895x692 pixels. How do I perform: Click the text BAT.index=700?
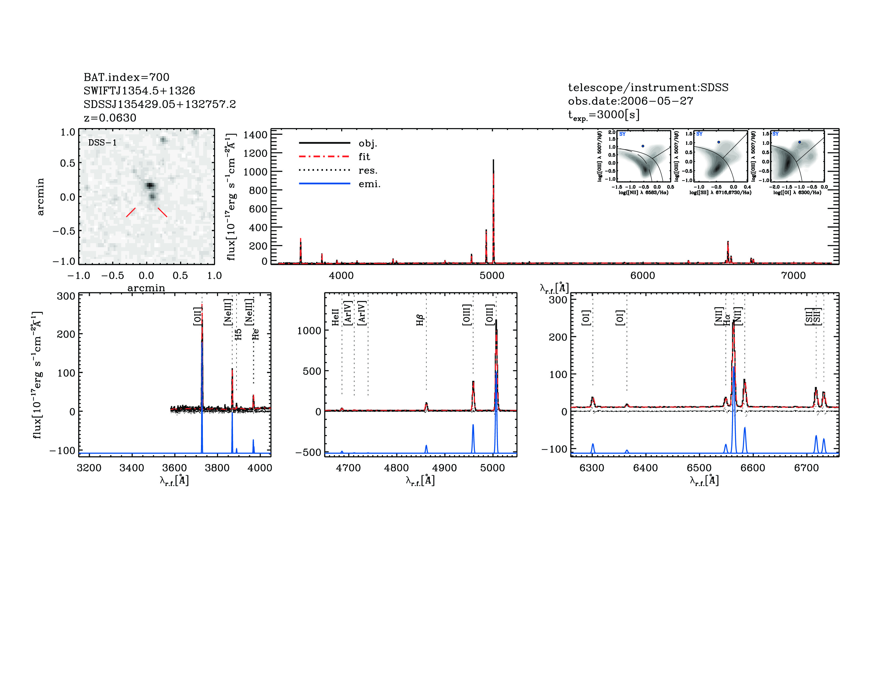pos(126,77)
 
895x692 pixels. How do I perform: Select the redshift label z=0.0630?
pos(110,118)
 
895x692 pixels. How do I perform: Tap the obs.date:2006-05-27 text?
pos(630,101)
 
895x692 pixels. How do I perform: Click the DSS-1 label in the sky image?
pos(103,143)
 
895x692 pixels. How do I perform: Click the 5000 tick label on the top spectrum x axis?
pos(492,275)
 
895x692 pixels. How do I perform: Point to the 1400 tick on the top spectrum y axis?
pos(255,135)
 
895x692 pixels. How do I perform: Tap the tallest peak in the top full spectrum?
pos(493,161)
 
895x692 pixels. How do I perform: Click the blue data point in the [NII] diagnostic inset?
pos(643,146)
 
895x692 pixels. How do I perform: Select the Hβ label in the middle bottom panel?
pos(420,320)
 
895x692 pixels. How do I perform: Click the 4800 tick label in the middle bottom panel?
pos(396,468)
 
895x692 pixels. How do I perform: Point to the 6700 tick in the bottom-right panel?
pos(806,468)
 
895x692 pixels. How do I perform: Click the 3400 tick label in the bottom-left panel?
pos(132,468)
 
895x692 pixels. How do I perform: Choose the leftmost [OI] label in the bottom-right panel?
pos(586,318)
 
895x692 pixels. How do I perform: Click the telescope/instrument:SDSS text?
pos(648,87)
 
